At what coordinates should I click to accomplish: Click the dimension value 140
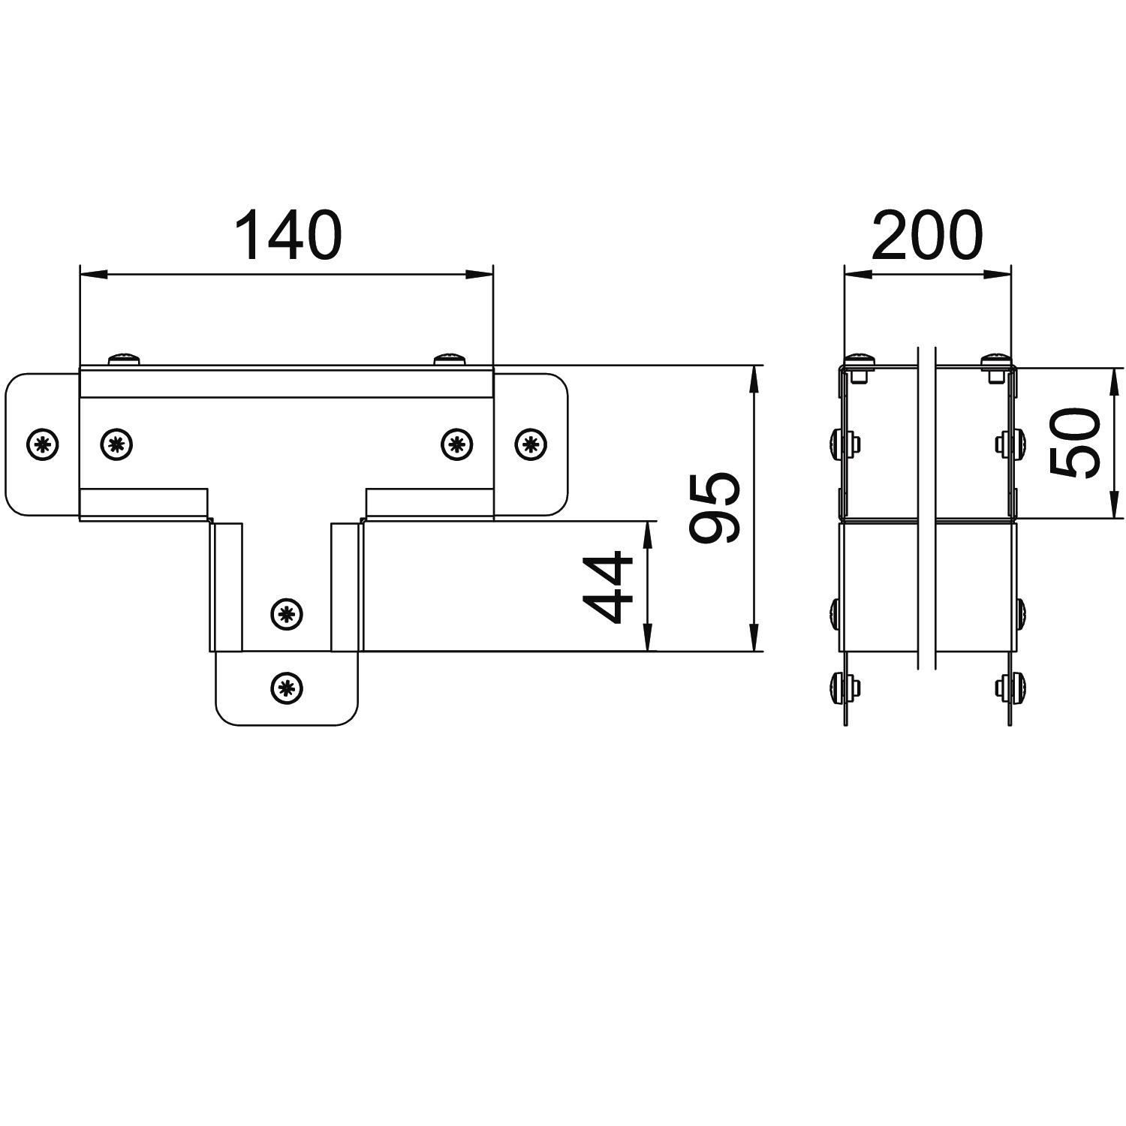(x=288, y=234)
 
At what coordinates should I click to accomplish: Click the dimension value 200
(x=927, y=234)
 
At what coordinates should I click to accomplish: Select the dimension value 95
(x=715, y=507)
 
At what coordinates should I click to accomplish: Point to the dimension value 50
(x=1076, y=444)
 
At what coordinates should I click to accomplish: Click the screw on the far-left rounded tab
(x=43, y=445)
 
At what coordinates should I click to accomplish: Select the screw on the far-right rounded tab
(x=531, y=444)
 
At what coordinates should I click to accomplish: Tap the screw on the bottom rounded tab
(x=285, y=686)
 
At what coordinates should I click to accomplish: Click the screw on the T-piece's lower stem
(x=286, y=615)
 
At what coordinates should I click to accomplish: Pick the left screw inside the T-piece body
(x=116, y=444)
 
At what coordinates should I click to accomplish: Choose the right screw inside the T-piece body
(x=456, y=444)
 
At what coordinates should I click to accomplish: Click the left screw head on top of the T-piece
(x=125, y=359)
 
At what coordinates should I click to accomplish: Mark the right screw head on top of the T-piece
(x=450, y=359)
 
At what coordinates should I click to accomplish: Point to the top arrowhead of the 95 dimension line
(x=754, y=378)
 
